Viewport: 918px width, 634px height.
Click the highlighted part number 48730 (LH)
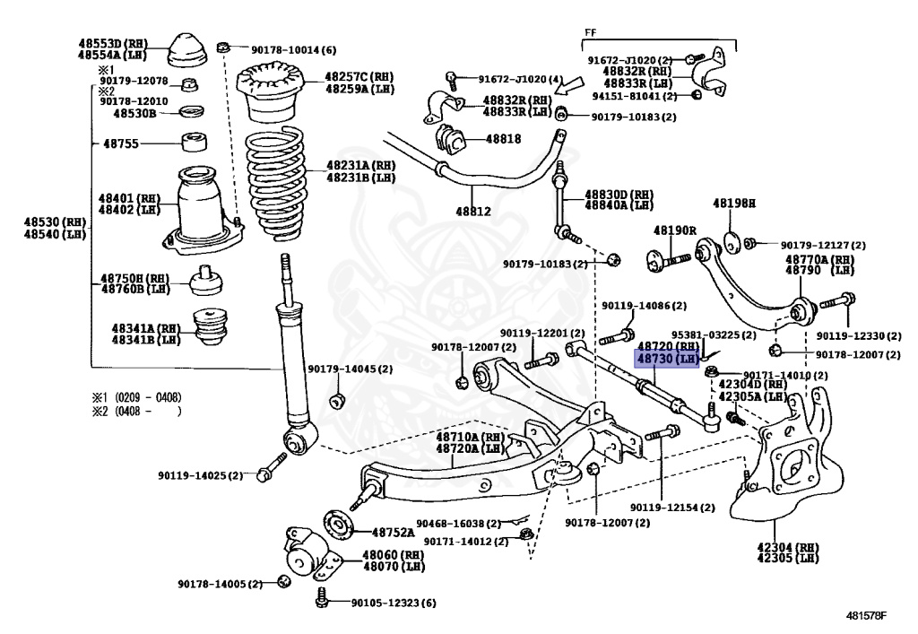coord(667,359)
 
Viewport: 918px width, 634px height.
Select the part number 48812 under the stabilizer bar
coord(473,212)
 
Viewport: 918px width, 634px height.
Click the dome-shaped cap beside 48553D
coord(187,50)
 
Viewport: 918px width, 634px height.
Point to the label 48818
coord(503,139)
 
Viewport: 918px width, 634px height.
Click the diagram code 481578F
coord(867,615)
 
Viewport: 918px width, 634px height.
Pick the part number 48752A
coord(393,532)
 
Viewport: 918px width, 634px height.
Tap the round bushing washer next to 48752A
coord(340,525)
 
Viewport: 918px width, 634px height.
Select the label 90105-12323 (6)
coord(394,603)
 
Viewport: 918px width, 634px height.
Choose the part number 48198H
coord(733,204)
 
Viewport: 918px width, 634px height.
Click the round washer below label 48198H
coord(732,243)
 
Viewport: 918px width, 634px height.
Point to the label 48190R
coord(674,230)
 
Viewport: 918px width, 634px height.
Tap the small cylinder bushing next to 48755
coord(194,143)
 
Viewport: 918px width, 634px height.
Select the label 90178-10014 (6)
coord(294,49)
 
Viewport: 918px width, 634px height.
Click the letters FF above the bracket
coord(590,33)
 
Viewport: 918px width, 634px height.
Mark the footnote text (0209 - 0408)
coord(148,397)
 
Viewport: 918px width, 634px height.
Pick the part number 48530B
coord(134,113)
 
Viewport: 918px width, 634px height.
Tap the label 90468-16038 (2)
coord(458,524)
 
